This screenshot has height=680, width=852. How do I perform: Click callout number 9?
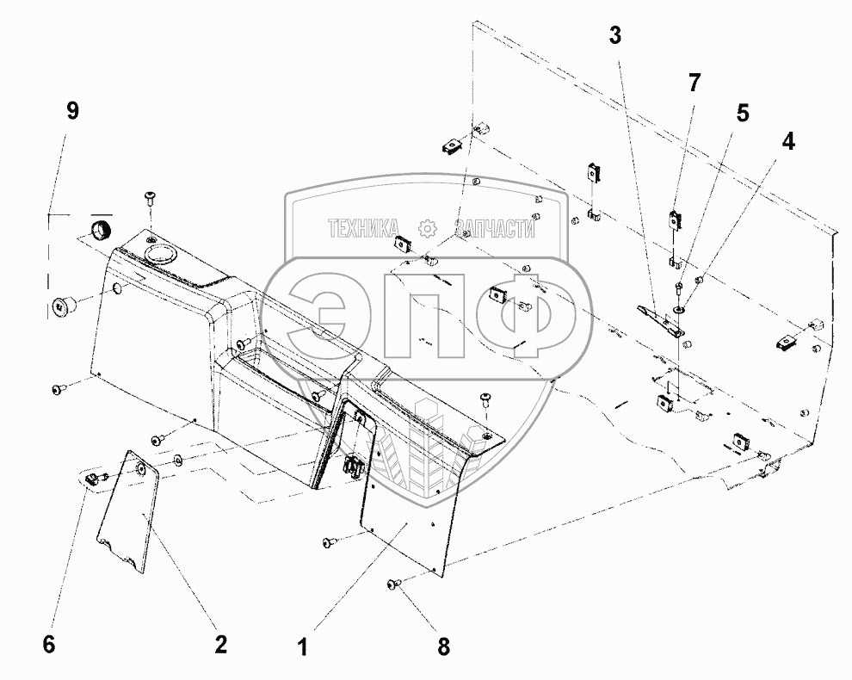coord(72,111)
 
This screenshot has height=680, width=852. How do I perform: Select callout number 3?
coord(614,35)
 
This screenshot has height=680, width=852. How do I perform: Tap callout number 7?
coord(694,83)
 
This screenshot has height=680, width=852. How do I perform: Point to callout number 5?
coord(742,113)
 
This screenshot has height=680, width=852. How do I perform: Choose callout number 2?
coord(220,644)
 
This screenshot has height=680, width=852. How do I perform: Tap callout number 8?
coord(444,646)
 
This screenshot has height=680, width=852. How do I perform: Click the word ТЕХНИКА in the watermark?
coord(362,228)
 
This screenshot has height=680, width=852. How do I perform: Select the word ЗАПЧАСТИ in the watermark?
coord(494,229)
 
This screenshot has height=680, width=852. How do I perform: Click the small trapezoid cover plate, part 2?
coord(127,512)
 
